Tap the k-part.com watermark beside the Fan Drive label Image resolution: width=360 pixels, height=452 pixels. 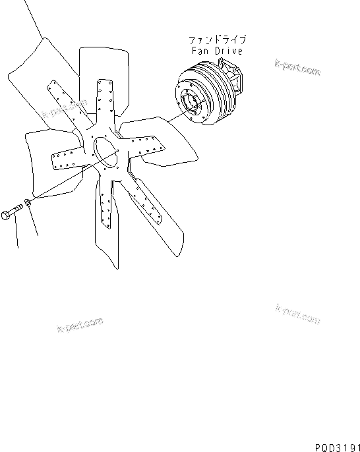coord(297,67)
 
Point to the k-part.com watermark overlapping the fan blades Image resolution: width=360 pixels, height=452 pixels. coord(65,110)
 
